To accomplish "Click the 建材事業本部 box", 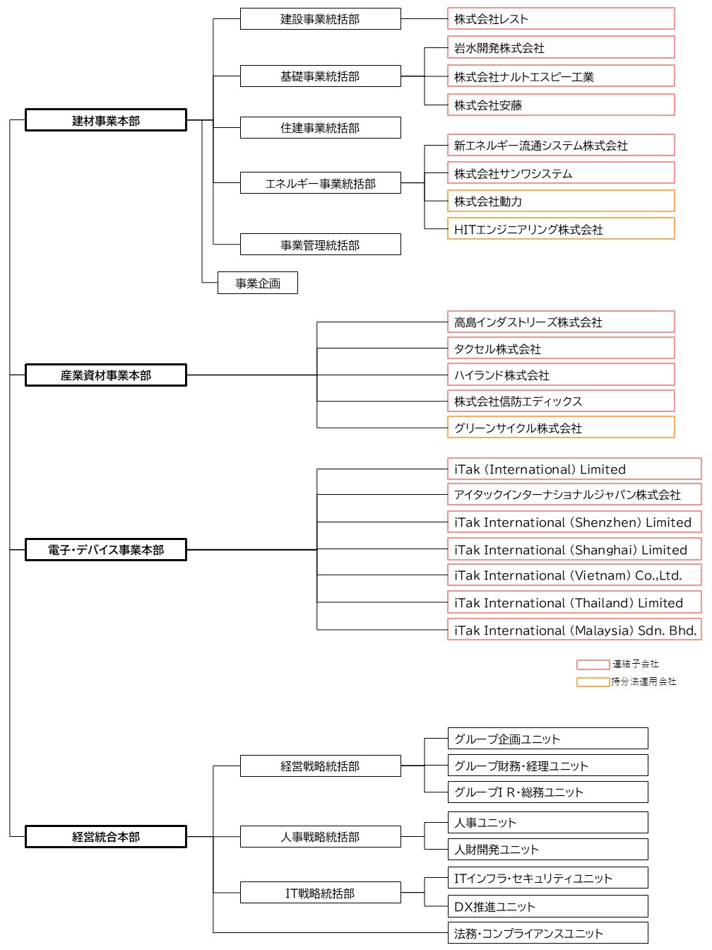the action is (x=106, y=120).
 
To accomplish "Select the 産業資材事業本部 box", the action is (x=106, y=375).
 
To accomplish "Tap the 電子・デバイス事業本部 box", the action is (x=106, y=549).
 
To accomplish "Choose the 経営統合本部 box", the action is (x=106, y=836).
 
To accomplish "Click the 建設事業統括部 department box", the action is (x=321, y=18).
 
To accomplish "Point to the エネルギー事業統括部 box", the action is (x=321, y=182).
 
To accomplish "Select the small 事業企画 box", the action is (x=258, y=283).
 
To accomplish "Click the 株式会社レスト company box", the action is (x=561, y=18).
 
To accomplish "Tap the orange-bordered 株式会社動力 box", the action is (x=561, y=201).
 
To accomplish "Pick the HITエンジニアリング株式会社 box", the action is (x=561, y=228).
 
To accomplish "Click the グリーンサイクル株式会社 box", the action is (x=561, y=427).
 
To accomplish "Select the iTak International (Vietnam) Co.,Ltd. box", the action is (x=574, y=575).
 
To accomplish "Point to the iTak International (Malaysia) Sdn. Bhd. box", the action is (x=574, y=629).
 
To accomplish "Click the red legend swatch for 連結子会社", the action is (x=593, y=664).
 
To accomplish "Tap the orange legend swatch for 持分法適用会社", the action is (x=593, y=681).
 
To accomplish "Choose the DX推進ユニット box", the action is (x=547, y=906).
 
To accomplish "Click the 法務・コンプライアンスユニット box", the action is (x=547, y=933).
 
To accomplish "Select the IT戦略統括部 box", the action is (x=321, y=893).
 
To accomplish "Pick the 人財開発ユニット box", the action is (x=547, y=849).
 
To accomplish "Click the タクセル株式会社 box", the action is (x=561, y=348).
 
